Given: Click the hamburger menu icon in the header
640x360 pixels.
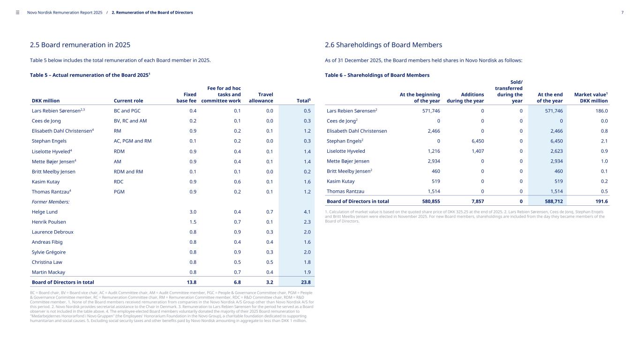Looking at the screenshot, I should (18, 13).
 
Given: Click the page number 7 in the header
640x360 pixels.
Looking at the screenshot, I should (622, 13).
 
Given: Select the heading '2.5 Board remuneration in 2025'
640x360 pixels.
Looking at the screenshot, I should (80, 45).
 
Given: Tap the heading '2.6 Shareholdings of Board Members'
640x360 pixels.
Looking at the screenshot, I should (383, 45).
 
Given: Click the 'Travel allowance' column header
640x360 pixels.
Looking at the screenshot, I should (261, 97).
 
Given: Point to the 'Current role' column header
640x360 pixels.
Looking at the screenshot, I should (128, 101).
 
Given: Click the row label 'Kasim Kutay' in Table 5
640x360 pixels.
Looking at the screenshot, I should (45, 181).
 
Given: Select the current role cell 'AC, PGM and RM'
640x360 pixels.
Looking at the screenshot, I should (133, 141).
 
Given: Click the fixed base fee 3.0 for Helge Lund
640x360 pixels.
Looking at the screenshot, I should (192, 212).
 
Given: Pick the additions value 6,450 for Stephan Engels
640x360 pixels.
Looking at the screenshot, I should (476, 141).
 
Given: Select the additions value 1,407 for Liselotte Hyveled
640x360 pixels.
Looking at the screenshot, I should (476, 151).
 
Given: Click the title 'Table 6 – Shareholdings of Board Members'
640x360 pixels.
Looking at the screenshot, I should (377, 75).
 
